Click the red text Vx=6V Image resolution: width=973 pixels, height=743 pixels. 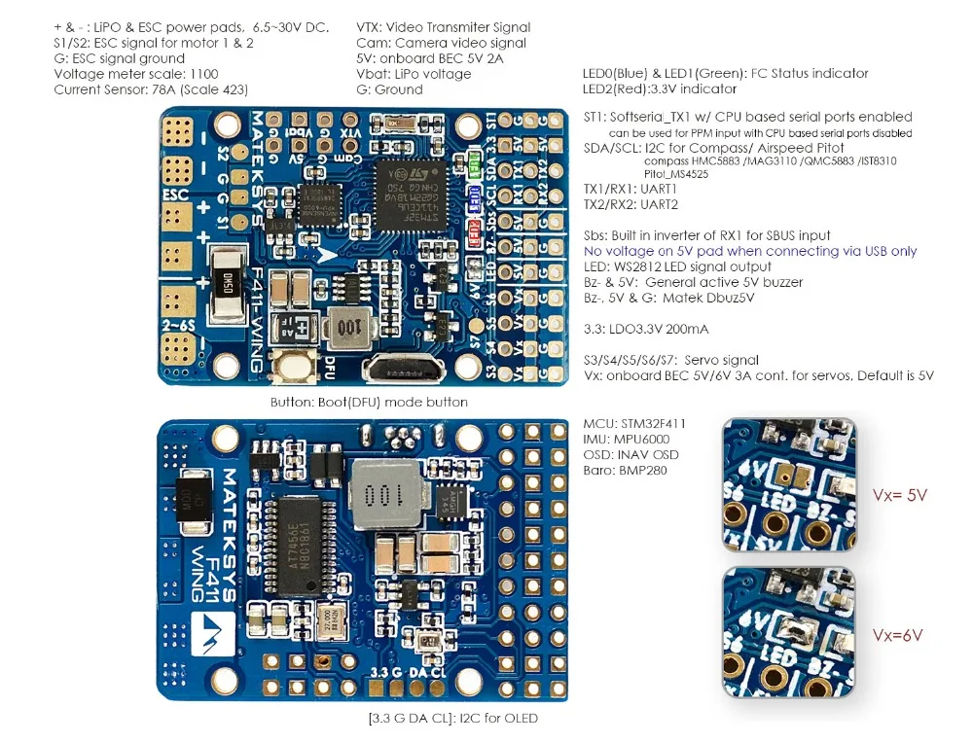tap(897, 635)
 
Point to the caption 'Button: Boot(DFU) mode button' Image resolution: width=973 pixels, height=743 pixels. tap(369, 402)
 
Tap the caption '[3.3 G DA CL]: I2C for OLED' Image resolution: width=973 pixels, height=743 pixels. tap(452, 718)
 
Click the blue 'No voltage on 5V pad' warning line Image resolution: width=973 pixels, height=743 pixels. tap(749, 251)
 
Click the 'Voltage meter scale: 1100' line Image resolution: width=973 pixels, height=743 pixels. tap(136, 74)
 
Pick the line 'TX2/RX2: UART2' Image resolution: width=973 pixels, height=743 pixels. tap(631, 205)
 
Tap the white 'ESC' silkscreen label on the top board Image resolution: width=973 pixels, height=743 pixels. tap(176, 194)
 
